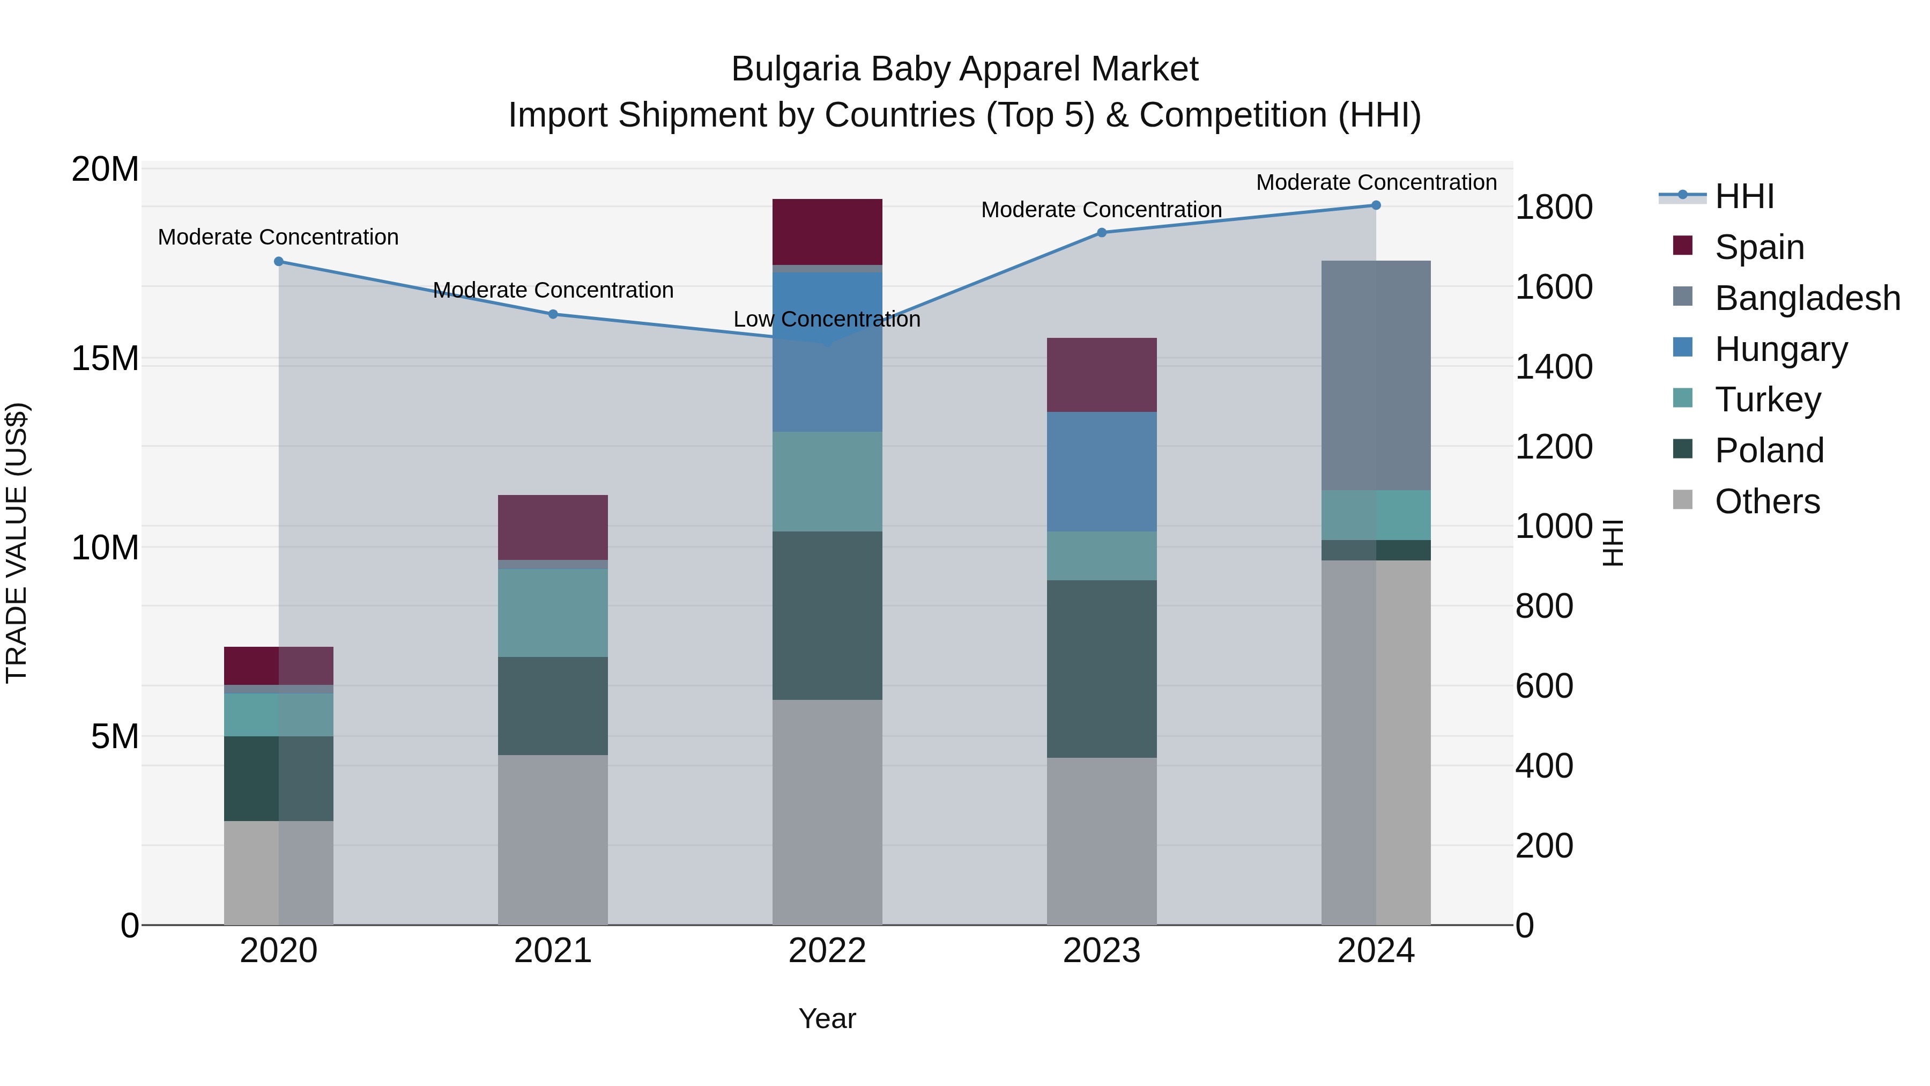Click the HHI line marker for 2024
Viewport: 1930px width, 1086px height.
(x=1376, y=205)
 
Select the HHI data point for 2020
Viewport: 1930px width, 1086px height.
(x=279, y=262)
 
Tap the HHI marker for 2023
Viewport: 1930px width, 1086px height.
(x=1101, y=233)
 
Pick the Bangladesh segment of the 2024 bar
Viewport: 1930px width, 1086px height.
(x=1376, y=375)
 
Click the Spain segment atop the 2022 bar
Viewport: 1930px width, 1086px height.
(x=827, y=232)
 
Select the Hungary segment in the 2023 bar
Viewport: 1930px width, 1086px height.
(x=1101, y=471)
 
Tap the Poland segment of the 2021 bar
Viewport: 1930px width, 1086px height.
(x=553, y=705)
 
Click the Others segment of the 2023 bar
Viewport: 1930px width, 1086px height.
(x=1101, y=841)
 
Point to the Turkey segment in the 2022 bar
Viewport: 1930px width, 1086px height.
(x=827, y=481)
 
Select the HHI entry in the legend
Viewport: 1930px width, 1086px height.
(x=1743, y=196)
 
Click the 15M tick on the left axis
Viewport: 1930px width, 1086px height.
(x=105, y=359)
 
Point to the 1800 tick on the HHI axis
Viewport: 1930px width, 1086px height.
(x=1553, y=208)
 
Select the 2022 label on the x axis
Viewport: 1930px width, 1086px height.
(x=827, y=951)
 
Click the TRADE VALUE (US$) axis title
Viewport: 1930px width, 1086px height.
(x=17, y=543)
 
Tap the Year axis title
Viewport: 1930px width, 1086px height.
(x=827, y=1018)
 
